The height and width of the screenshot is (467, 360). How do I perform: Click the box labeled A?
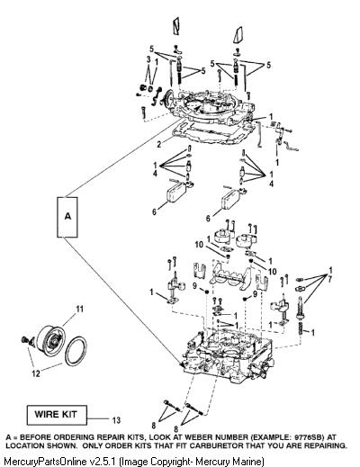tap(67, 217)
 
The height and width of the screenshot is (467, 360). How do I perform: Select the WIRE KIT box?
tap(57, 415)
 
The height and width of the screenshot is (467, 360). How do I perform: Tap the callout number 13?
tap(116, 420)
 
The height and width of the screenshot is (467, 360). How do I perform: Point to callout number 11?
tap(79, 309)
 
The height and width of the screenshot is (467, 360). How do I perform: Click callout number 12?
tap(36, 373)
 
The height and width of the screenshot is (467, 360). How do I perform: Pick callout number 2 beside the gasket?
tap(159, 144)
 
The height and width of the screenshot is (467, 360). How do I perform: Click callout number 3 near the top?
tap(148, 59)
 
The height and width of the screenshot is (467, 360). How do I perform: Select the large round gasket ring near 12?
tap(76, 352)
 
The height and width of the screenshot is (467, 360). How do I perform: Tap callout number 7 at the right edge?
tap(330, 279)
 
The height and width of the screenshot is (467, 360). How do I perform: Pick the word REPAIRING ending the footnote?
tap(323, 445)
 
